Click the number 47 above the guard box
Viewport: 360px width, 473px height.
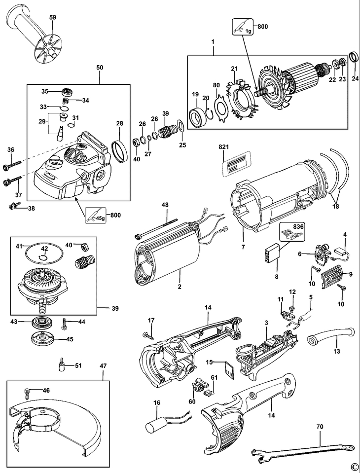[x=103, y=366]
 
